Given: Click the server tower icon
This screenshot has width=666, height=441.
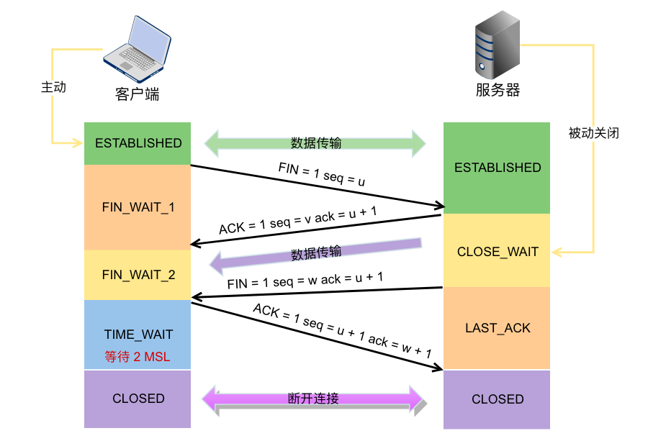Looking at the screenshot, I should click(x=496, y=48).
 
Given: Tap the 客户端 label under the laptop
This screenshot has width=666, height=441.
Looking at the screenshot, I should click(x=137, y=94).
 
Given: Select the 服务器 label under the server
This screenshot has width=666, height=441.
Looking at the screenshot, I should click(x=498, y=91).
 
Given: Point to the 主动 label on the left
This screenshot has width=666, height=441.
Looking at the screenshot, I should click(x=53, y=87).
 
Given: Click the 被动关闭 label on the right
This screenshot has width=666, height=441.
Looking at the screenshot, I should click(x=593, y=133).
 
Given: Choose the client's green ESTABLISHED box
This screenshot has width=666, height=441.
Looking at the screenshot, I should click(x=138, y=143).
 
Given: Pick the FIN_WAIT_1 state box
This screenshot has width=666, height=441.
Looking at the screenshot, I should click(x=138, y=207).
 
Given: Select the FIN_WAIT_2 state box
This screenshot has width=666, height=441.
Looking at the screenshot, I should click(x=138, y=275).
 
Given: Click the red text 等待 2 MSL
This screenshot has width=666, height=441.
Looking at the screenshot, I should click(x=138, y=357).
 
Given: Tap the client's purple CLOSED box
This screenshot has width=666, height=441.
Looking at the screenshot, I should click(x=138, y=399).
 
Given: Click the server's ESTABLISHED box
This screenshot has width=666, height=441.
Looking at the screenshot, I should click(x=497, y=168).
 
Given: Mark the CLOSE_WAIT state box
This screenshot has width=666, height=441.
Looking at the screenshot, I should click(x=497, y=252).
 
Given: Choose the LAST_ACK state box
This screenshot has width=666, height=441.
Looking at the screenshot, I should click(x=497, y=328).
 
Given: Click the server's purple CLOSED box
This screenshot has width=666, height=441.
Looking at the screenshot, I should click(x=497, y=399).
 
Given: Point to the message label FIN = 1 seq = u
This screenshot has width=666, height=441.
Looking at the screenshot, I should click(x=322, y=174).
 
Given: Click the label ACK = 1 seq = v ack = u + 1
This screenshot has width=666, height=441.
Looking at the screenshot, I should click(x=297, y=220).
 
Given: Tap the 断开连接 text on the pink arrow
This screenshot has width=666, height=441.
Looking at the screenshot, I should click(x=313, y=398).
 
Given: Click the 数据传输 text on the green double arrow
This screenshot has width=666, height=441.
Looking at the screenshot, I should click(x=315, y=142).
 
